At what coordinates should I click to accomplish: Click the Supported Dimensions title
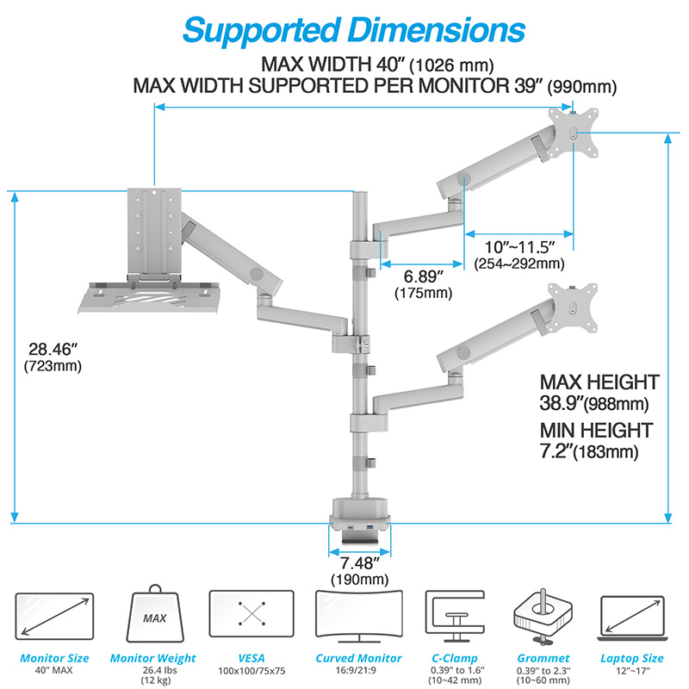354,29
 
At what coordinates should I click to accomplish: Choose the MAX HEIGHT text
599,382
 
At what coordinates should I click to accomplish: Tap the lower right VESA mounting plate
573,306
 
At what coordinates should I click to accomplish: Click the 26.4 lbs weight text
153,672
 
